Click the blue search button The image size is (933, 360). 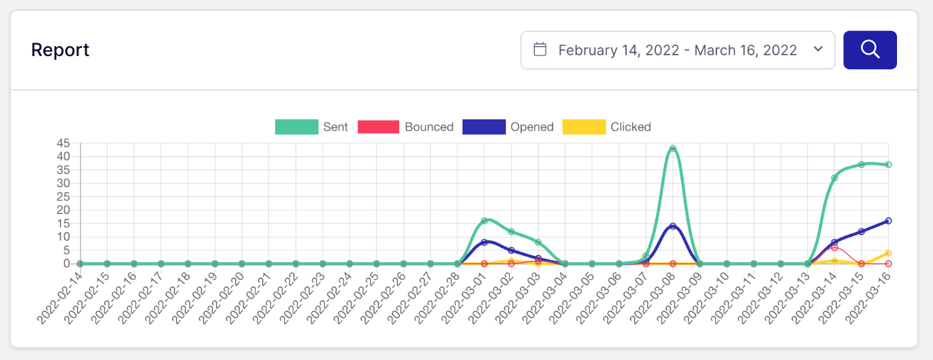coord(870,50)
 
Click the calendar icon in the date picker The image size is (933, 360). coord(540,50)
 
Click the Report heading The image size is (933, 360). coord(60,50)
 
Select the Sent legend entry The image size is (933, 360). coord(311,127)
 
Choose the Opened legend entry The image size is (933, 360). coord(508,127)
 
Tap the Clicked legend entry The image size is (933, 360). coord(606,127)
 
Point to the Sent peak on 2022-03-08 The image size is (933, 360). coord(672,149)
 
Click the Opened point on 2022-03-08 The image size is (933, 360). coord(672,227)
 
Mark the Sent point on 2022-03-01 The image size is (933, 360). coord(484,221)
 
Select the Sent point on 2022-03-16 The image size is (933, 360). coord(888,165)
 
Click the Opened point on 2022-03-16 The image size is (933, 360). coord(888,221)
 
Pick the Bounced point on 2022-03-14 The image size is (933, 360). coord(834,247)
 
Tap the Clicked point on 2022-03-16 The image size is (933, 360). coord(888,253)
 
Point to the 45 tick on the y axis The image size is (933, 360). coord(64,143)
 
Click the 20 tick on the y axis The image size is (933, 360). coord(64,210)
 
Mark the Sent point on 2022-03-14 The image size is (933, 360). coord(834,178)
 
